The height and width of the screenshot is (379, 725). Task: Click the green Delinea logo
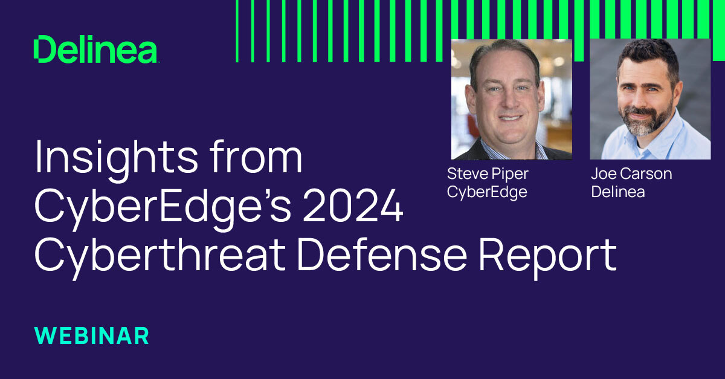click(96, 50)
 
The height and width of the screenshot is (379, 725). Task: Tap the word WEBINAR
click(91, 335)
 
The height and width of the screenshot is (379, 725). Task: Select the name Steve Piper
click(487, 174)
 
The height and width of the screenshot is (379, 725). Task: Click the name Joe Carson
click(631, 174)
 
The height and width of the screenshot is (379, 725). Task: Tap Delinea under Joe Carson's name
click(617, 192)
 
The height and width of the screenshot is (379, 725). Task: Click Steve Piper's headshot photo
click(511, 100)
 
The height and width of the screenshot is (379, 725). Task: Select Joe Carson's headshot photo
click(650, 99)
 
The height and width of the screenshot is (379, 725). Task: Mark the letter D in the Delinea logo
click(43, 50)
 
